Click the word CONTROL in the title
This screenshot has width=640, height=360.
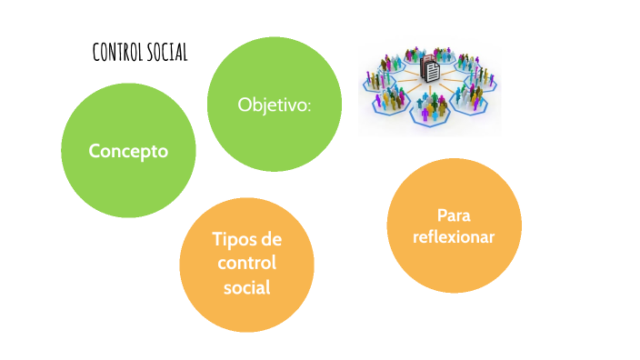tap(116, 53)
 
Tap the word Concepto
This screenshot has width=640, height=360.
tap(128, 151)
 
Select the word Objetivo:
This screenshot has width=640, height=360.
tap(275, 105)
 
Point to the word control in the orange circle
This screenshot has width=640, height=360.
tap(247, 264)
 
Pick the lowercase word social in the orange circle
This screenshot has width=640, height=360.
tap(247, 288)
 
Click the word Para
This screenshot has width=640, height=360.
tap(454, 215)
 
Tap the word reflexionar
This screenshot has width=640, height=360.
tap(454, 237)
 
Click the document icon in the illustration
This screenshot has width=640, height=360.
tap(432, 69)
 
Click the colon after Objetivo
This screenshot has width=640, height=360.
tap(309, 105)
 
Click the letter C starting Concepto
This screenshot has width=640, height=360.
tap(94, 151)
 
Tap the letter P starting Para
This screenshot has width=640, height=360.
tap(442, 215)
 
